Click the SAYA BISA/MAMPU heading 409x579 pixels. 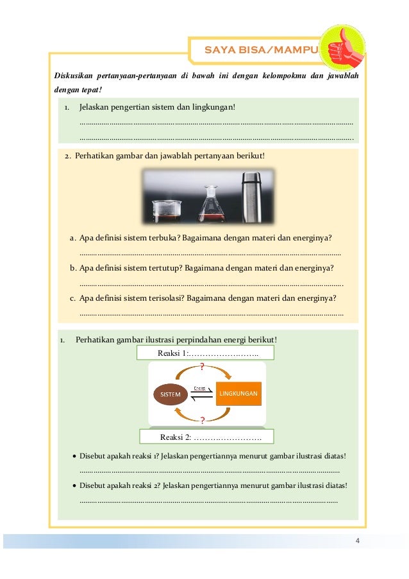(x=258, y=49)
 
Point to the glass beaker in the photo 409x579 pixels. (x=167, y=210)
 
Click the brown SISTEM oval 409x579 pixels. (x=171, y=394)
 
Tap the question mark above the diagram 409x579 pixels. (x=203, y=367)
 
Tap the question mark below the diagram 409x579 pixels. (x=203, y=421)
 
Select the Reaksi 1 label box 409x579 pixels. (x=206, y=353)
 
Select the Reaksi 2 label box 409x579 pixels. (x=206, y=437)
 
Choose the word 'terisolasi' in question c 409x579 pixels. (x=167, y=298)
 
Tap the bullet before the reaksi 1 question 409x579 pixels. (x=74, y=457)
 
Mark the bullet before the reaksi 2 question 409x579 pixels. (x=74, y=486)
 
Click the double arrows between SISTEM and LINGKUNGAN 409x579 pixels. (x=201, y=394)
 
